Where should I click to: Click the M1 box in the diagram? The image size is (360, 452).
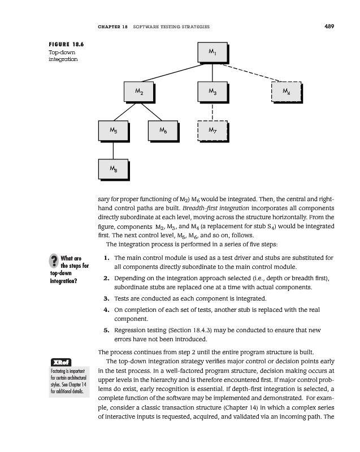point(211,53)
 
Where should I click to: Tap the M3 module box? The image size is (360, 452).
point(211,92)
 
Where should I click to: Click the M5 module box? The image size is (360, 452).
point(112,131)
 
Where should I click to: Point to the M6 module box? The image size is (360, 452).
point(162,131)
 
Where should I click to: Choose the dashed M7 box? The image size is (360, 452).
point(211,131)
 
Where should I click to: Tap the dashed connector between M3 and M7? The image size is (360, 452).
point(212,111)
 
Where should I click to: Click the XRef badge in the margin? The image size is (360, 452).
point(60,362)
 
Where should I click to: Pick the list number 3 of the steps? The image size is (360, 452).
point(106,298)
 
